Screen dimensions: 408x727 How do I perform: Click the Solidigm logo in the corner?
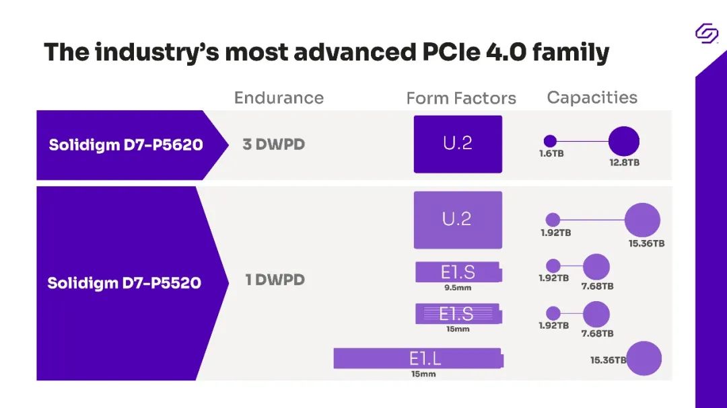(707, 33)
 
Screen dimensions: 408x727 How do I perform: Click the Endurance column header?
(279, 98)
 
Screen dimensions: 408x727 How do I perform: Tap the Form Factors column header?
(461, 99)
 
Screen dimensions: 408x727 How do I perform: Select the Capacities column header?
(592, 97)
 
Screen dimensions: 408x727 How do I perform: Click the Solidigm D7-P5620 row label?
(126, 145)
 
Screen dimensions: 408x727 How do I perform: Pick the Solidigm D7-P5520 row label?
(124, 283)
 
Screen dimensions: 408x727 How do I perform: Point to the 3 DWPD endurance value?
(273, 145)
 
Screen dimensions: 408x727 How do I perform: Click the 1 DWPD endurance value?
(275, 280)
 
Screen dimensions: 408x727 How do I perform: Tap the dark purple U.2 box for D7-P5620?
(458, 144)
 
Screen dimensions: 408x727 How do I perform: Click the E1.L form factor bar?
(418, 358)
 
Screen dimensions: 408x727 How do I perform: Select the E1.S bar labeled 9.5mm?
(458, 272)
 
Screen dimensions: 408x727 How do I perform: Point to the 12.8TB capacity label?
(624, 163)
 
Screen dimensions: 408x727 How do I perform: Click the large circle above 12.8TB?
(624, 141)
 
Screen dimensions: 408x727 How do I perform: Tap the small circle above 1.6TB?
(550, 141)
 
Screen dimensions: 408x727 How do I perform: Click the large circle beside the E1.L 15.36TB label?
(644, 359)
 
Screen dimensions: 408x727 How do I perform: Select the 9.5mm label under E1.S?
(458, 288)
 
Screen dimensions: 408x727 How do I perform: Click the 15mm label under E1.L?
(423, 374)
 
